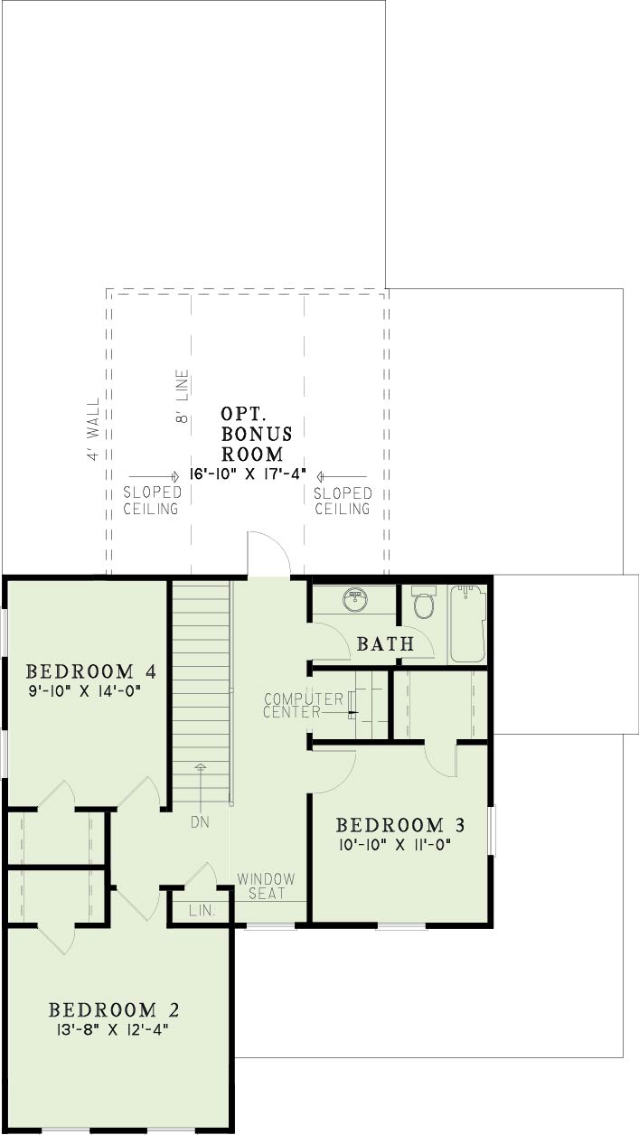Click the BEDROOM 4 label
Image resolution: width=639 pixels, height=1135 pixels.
pyautogui.click(x=90, y=672)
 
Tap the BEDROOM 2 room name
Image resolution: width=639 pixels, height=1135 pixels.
pyautogui.click(x=114, y=1010)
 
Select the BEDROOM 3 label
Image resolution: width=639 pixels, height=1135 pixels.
pyautogui.click(x=400, y=825)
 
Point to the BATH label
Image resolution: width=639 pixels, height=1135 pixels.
pyautogui.click(x=386, y=644)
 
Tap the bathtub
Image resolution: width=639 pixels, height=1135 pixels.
pyautogui.click(x=468, y=624)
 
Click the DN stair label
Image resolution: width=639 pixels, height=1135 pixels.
pyautogui.click(x=200, y=821)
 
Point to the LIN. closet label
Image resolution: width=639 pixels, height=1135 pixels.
pyautogui.click(x=202, y=911)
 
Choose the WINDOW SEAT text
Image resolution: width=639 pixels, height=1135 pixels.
pyautogui.click(x=266, y=886)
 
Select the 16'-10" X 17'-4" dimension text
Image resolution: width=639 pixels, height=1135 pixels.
pyautogui.click(x=248, y=474)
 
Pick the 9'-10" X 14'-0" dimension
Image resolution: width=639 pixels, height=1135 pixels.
pyautogui.click(x=84, y=690)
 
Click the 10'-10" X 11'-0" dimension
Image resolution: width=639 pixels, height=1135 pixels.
pyautogui.click(x=395, y=845)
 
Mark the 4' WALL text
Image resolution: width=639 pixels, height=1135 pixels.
pyautogui.click(x=93, y=428)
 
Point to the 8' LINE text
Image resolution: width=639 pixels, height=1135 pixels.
pyautogui.click(x=182, y=396)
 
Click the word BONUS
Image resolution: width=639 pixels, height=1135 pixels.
pyautogui.click(x=257, y=435)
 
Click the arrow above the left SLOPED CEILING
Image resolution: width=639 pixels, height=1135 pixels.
pyautogui.click(x=154, y=477)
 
